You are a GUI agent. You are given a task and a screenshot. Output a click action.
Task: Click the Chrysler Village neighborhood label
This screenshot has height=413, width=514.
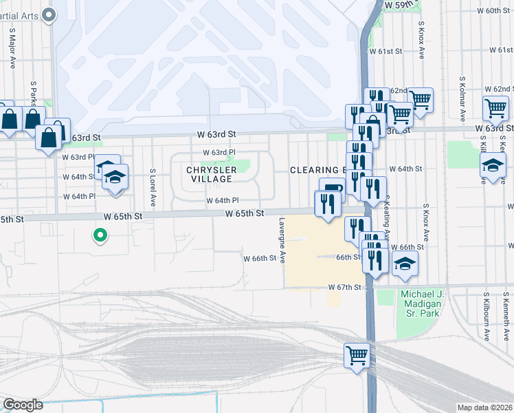(211, 174)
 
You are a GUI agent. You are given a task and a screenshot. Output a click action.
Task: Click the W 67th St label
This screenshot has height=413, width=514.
(344, 286)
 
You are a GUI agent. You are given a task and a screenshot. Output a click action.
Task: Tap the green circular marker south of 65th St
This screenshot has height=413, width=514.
(100, 236)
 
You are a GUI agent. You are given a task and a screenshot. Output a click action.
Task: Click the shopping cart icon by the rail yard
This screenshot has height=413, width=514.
(357, 356)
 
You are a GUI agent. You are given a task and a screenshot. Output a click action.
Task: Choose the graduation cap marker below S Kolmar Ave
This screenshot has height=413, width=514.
(492, 165)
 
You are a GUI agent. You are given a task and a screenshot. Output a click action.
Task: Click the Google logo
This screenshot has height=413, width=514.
(23, 405)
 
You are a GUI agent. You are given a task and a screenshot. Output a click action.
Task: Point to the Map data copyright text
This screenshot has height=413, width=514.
(485, 407)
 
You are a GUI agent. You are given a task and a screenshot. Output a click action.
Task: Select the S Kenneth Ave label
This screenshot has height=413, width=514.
(505, 319)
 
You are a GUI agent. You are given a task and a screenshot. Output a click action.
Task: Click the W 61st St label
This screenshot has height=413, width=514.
(385, 52)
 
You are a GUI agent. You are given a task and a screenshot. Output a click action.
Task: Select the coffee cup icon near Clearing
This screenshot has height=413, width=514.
(333, 189)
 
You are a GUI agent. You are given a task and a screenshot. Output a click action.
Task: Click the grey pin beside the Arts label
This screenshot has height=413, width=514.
(48, 14)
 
